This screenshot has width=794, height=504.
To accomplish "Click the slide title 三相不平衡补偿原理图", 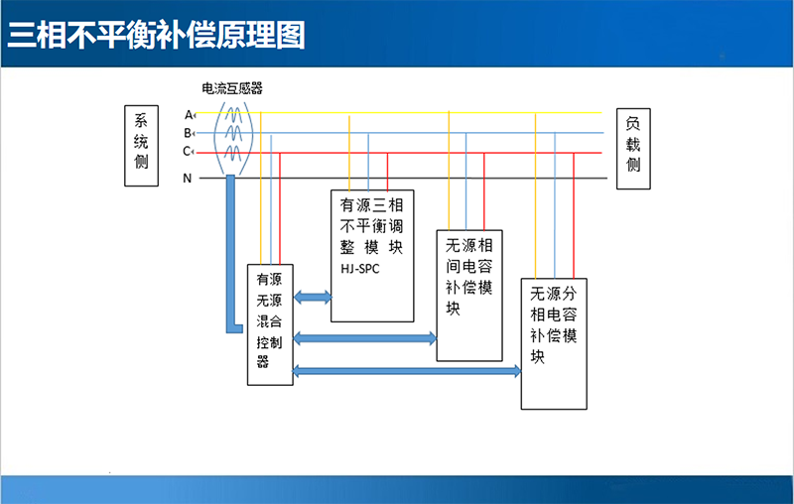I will tap(157, 35).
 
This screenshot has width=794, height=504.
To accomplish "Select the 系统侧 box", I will tap(141, 146).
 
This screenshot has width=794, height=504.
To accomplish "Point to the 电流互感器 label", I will tap(232, 89).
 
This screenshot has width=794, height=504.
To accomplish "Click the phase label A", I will tap(188, 114).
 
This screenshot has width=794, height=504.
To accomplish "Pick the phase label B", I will tap(188, 133).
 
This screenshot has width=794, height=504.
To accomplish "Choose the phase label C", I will tap(187, 152).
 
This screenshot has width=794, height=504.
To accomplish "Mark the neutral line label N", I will tap(187, 179).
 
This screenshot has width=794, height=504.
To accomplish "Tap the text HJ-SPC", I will tap(360, 270).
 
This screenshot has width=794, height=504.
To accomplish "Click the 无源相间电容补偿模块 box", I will tap(469, 295).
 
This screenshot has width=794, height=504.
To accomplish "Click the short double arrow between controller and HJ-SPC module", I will tap(313, 297).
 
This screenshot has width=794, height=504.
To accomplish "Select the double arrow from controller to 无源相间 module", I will tap(365, 339).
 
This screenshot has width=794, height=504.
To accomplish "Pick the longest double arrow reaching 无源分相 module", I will tap(407, 372).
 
